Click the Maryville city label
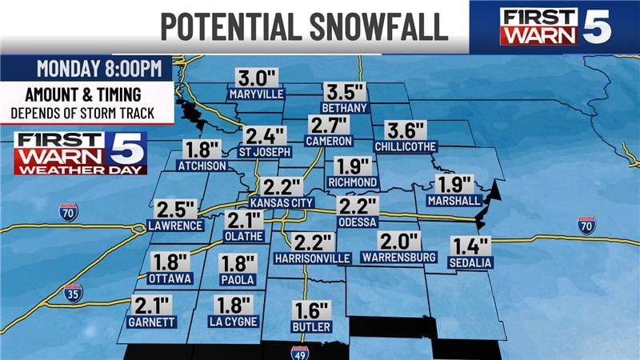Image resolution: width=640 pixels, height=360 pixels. click(x=256, y=94)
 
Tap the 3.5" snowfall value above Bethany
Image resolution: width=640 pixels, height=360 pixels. click(x=343, y=92)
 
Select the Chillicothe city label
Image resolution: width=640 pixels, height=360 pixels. click(x=403, y=146)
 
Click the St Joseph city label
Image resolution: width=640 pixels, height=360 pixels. click(x=263, y=150)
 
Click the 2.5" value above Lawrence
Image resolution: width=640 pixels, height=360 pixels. click(x=176, y=210)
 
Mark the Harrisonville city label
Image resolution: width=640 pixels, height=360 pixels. click(x=312, y=258)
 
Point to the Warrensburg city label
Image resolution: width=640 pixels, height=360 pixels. click(x=398, y=257)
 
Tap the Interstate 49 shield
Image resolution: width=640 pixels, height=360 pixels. click(x=300, y=353)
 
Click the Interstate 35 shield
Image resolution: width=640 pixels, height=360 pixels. click(x=73, y=292)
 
